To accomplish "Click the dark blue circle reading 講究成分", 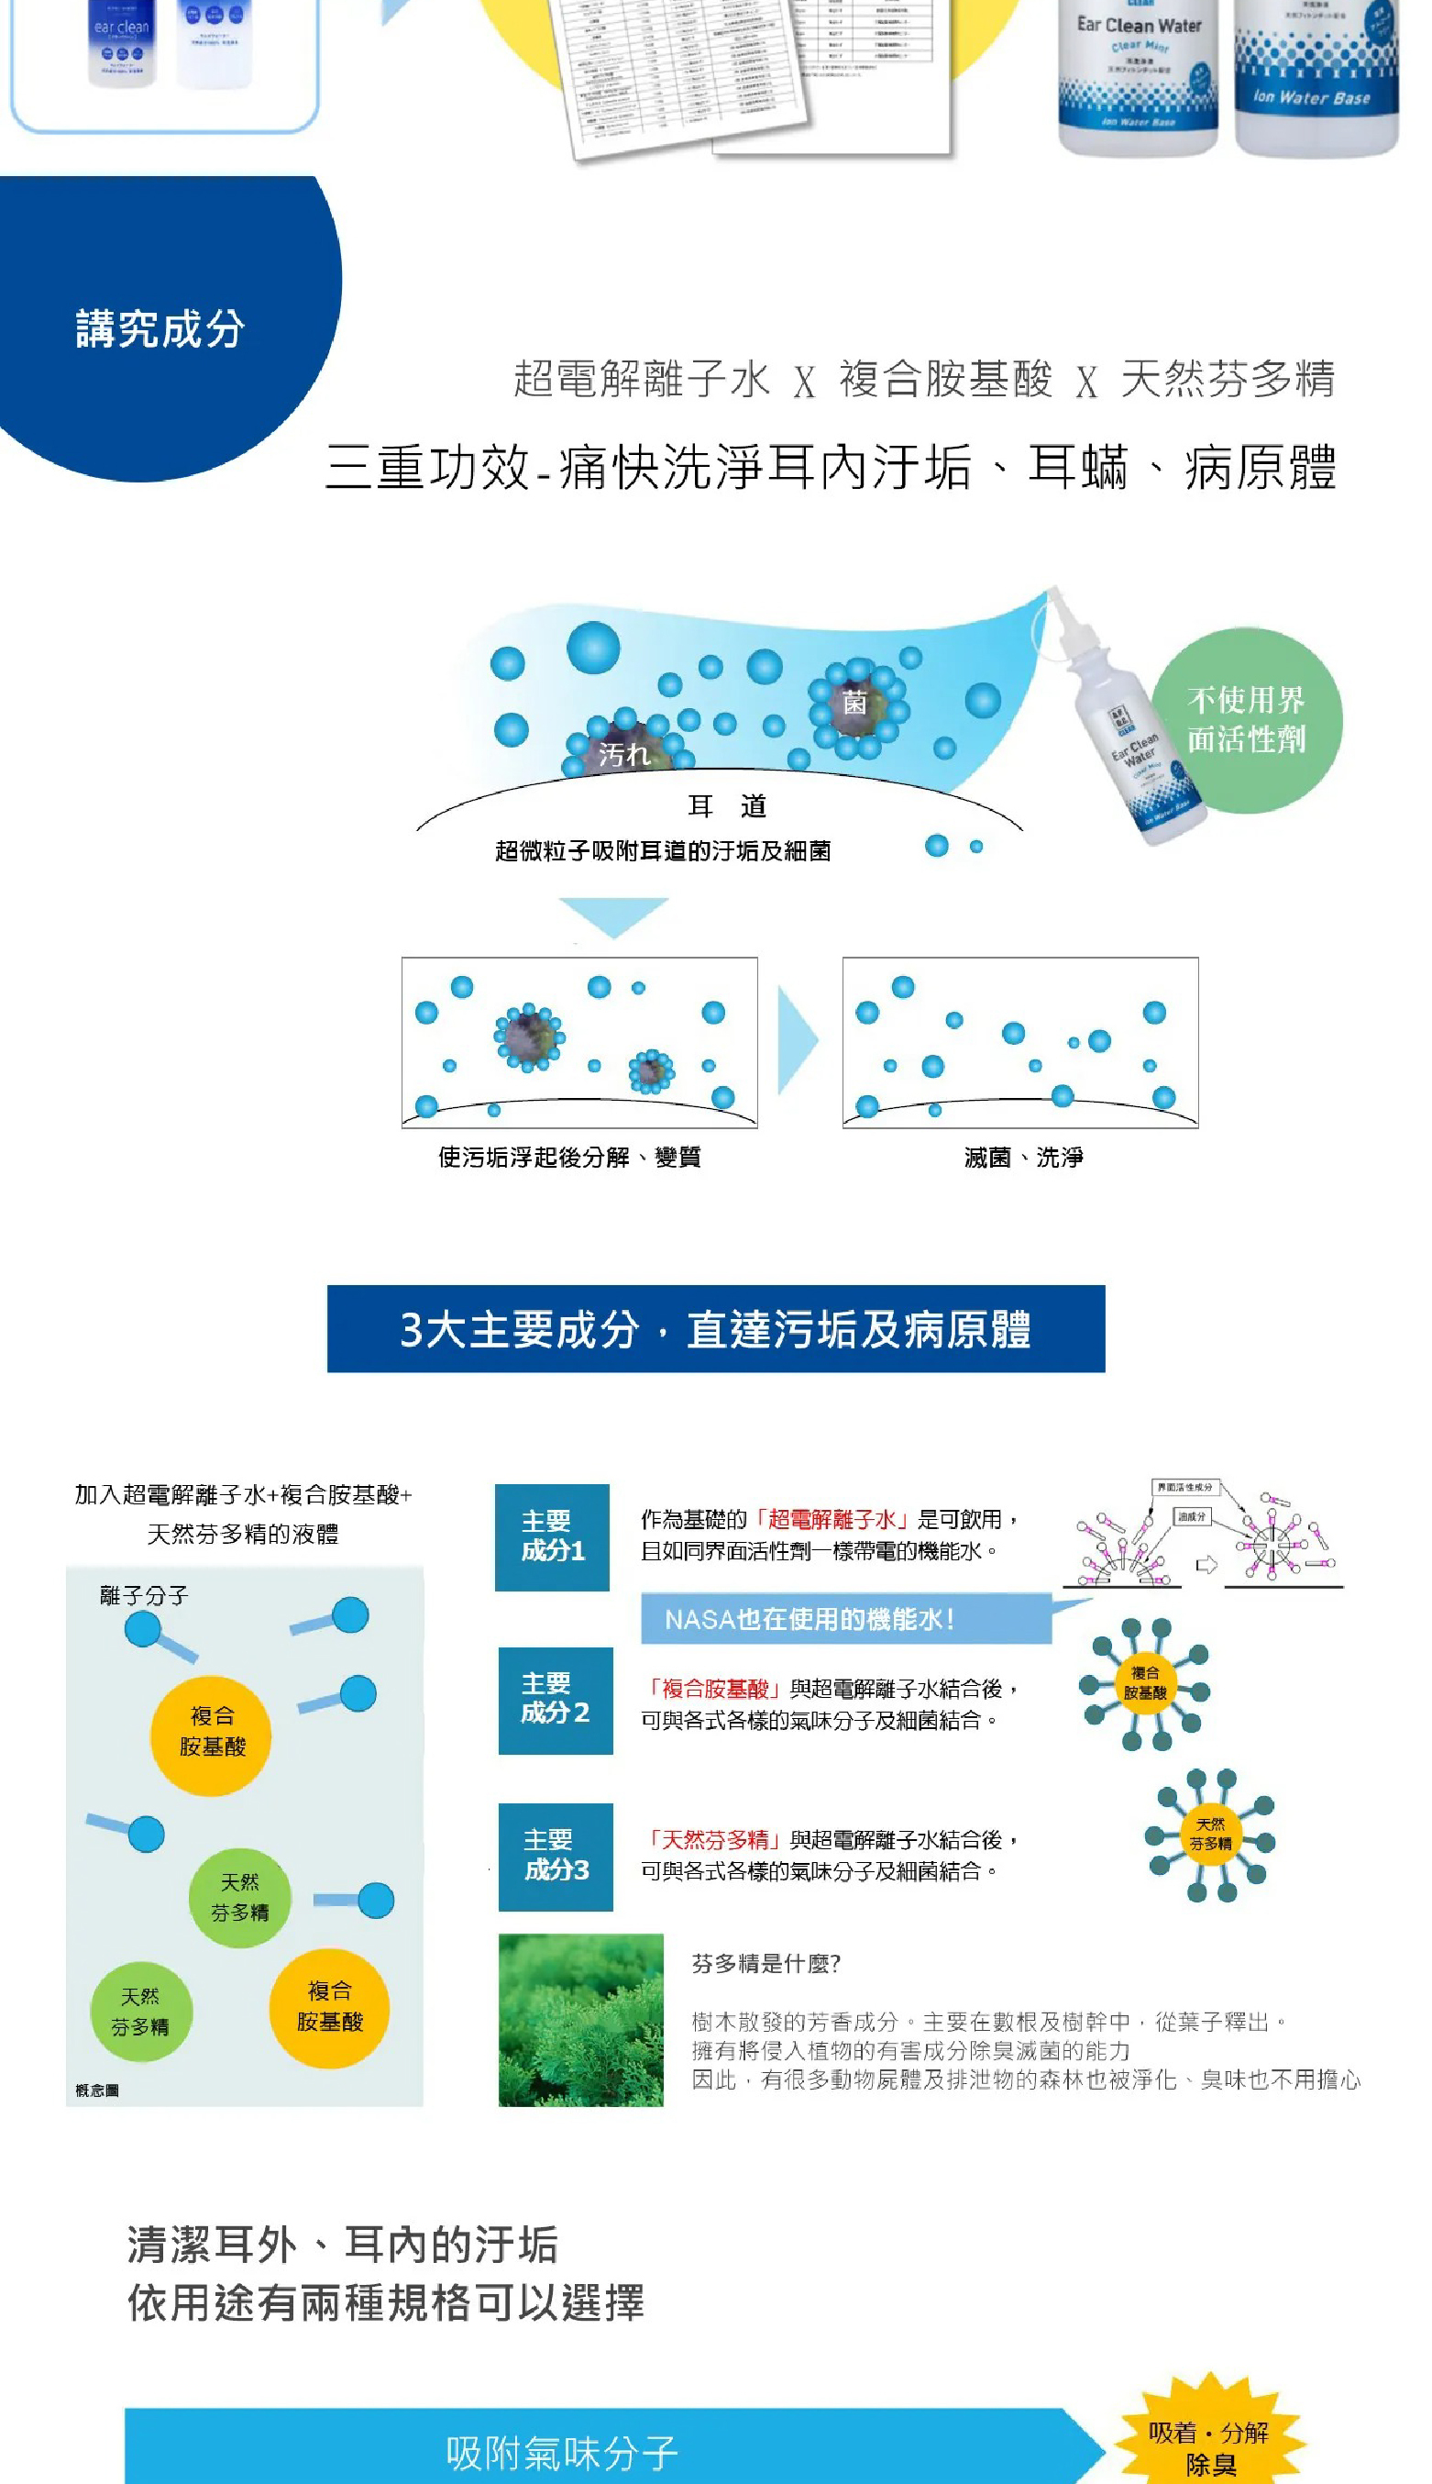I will [x=162, y=327].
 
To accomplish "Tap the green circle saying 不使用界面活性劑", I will [x=1246, y=720].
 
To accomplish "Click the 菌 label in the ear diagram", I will [x=854, y=703].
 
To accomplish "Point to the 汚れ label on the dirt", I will [x=623, y=755].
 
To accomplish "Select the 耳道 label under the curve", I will [x=727, y=806].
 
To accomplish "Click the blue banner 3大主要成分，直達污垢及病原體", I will [x=715, y=1328].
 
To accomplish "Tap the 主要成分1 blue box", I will [x=552, y=1536].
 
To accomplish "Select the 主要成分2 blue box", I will [x=555, y=1699].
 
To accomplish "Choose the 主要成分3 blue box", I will [x=555, y=1856].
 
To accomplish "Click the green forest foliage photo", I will [x=580, y=2019].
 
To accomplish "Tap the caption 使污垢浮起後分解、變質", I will [x=569, y=1157].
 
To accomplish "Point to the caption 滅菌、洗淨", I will [x=1023, y=1157].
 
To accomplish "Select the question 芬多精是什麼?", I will [x=766, y=1964].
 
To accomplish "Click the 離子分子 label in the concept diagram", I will [x=144, y=1596].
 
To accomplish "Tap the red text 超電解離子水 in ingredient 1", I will [x=832, y=1519].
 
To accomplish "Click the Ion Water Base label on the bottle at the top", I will [x=1312, y=97].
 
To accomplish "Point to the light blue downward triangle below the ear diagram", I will [x=613, y=914].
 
